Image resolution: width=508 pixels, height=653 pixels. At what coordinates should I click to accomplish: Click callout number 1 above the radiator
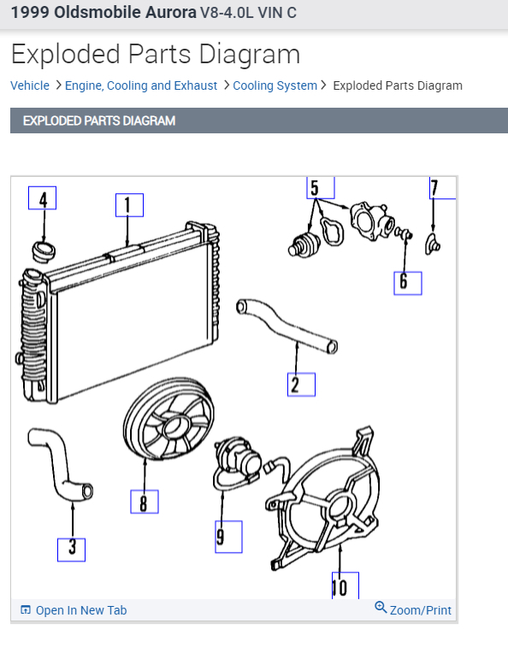[129, 205]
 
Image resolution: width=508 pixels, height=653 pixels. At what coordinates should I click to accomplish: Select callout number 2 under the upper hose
[301, 385]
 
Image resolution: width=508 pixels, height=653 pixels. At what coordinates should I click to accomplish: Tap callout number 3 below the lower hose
[71, 548]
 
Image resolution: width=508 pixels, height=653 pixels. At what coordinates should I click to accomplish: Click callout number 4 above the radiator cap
[42, 198]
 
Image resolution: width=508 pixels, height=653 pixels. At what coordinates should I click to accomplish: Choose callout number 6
[407, 280]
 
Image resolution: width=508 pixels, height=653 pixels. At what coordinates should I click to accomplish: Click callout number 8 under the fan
[144, 501]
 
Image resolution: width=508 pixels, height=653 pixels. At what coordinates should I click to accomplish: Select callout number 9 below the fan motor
[227, 536]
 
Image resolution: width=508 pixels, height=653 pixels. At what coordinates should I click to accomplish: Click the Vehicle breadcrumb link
[30, 85]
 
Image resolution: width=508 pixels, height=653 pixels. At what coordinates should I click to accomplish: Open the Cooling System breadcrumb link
[275, 85]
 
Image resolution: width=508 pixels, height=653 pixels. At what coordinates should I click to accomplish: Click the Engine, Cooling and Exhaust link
[141, 85]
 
